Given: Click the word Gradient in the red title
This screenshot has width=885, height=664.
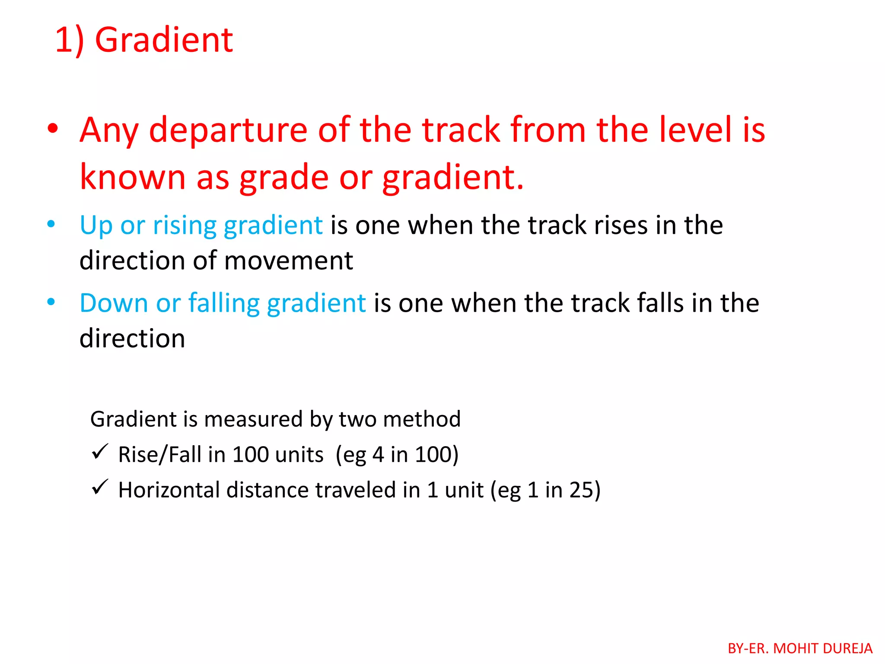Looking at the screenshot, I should tap(164, 40).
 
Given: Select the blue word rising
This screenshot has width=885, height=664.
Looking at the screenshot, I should tap(185, 226).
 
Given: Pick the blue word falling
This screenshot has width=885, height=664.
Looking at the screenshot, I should tap(223, 303).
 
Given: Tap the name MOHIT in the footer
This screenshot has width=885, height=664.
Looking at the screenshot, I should tap(796, 648).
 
